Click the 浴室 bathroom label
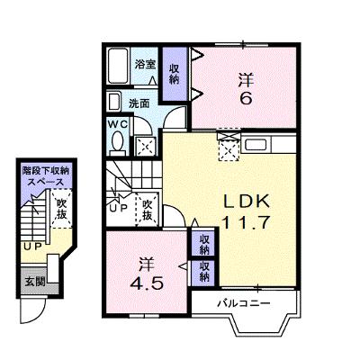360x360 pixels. coord(145,64)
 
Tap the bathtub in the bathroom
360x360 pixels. coord(119,66)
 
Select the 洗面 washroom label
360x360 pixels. coord(139,103)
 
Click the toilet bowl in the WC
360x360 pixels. coord(117,141)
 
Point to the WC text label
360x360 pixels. coord(118,123)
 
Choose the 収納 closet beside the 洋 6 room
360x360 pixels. coord(175,74)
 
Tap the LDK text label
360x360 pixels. coord(247,202)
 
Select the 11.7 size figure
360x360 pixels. coord(245,222)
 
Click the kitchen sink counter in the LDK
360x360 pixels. coord(268,145)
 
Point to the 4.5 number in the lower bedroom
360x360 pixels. coord(147,283)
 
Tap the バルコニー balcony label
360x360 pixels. coord(244,303)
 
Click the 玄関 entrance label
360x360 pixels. coord(35,282)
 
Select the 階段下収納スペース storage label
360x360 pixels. coord(46,176)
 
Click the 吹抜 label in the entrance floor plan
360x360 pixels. coord(61,209)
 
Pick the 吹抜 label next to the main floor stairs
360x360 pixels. coord(147,210)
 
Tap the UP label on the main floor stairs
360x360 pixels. coord(119,208)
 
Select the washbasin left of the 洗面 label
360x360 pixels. coord(114,102)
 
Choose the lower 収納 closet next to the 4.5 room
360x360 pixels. coord(204,272)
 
